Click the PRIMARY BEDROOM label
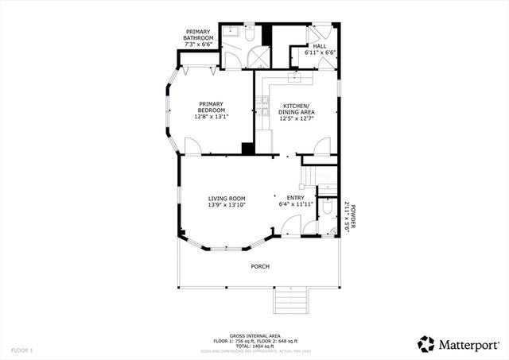click(x=211, y=110)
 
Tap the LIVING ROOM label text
click(x=227, y=202)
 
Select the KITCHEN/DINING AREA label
click(x=296, y=110)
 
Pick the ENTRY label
click(x=295, y=201)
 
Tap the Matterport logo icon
click(x=426, y=343)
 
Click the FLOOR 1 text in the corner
click(x=22, y=350)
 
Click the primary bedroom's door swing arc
click(x=192, y=145)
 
